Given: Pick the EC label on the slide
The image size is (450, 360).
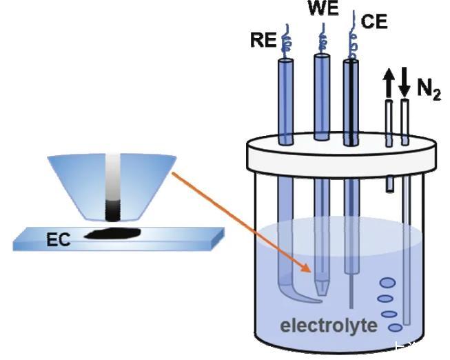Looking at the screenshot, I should (60, 240).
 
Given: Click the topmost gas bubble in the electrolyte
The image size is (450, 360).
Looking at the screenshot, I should (387, 281).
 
